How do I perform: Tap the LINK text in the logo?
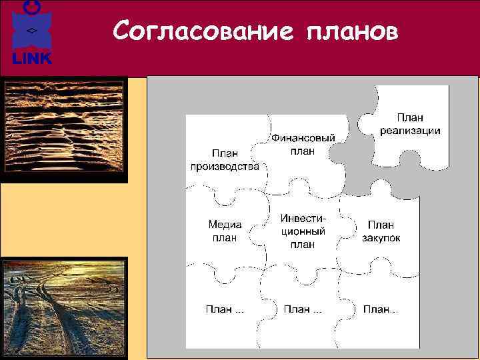pos(31,59)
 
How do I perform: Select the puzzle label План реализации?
pos(410,124)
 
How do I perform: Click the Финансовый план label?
pos(302,144)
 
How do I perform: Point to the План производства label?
pos(225,160)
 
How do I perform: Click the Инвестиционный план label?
pos(303,231)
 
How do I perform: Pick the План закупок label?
pos(381,231)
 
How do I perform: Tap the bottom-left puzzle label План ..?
pos(224,309)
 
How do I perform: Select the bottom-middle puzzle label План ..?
pos(303,309)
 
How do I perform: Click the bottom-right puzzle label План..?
pos(381,309)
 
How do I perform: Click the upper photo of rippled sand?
pos(64,130)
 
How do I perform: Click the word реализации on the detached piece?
pos(410,130)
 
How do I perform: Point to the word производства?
pos(225,167)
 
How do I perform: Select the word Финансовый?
pos(302,138)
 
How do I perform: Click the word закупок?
pos(381,238)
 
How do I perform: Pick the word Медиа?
pos(225,225)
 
